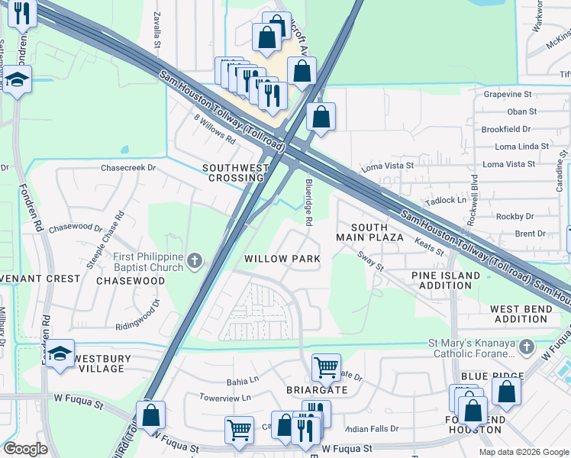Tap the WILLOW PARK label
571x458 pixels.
282,259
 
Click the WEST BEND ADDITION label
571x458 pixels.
519,314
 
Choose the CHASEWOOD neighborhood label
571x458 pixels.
131,282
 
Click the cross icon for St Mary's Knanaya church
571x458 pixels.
525,348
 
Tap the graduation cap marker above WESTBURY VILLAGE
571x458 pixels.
60,353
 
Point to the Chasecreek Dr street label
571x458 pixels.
128,167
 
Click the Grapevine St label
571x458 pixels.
508,94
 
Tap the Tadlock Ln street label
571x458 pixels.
446,200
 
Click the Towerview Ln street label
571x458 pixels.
225,398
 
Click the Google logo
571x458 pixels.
25,449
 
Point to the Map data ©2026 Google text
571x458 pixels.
523,452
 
